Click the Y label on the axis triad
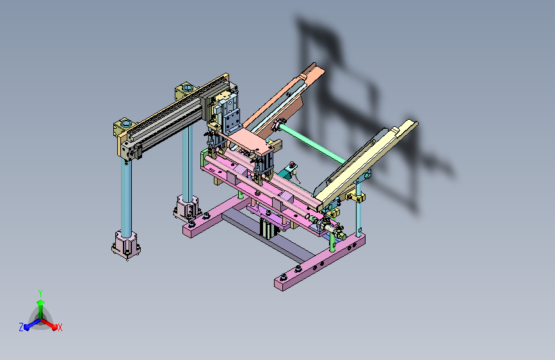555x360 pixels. coord(40,293)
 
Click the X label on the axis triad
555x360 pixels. coord(60,327)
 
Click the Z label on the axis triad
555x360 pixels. coord(21,327)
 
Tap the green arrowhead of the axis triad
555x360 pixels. coord(41,302)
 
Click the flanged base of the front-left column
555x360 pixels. coord(126,245)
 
